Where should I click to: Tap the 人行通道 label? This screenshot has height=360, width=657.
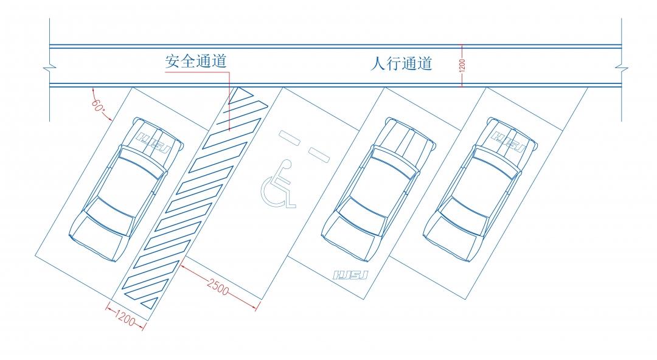[401, 63]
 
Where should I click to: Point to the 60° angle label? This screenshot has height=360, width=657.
[98, 104]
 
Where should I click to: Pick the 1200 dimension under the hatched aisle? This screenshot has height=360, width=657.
[125, 316]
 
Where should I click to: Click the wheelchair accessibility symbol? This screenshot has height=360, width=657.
[279, 185]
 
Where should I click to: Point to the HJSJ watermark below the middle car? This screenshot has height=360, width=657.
[352, 275]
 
